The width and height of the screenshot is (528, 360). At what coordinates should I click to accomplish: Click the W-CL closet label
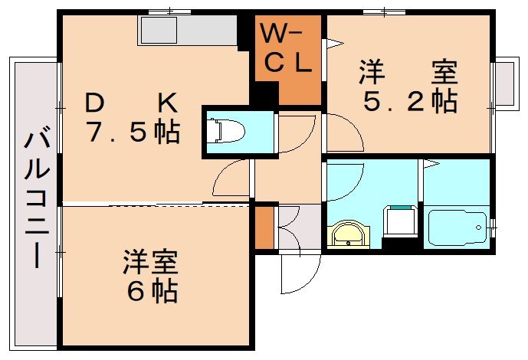point(288,49)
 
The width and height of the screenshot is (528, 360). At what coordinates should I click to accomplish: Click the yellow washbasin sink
point(349,233)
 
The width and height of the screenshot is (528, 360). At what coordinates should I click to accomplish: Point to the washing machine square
point(399,223)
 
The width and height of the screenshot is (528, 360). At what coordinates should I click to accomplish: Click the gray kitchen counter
point(188,31)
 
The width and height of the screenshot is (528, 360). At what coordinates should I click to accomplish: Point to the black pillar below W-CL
point(265,96)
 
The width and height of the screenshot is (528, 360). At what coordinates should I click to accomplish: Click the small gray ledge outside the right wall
point(505,83)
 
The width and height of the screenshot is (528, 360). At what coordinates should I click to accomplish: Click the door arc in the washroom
point(345,181)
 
